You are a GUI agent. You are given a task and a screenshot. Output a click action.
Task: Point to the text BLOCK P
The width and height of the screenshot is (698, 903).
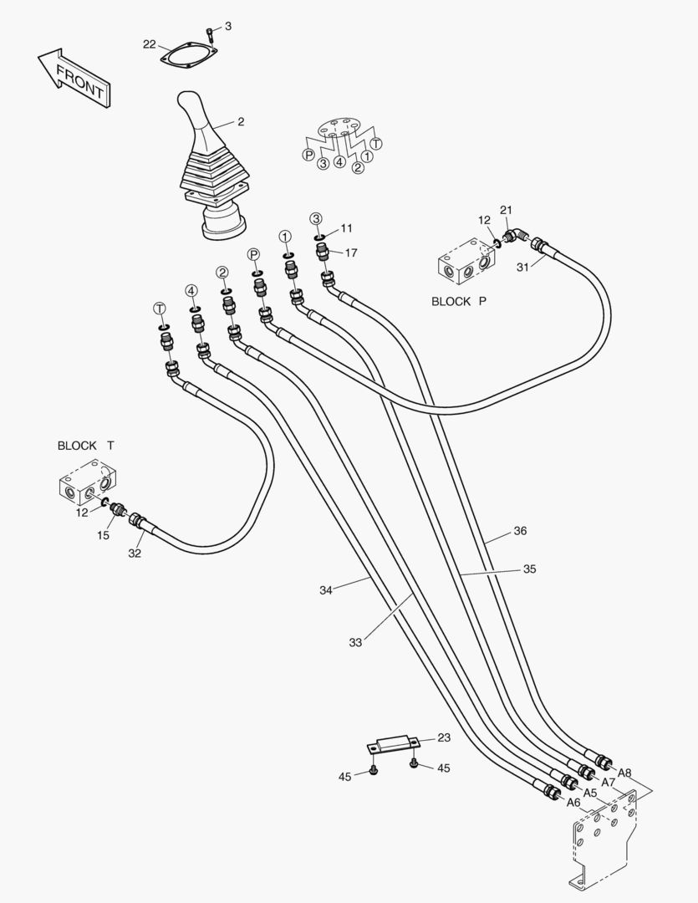click(x=458, y=302)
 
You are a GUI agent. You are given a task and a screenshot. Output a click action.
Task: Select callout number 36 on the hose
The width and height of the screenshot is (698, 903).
click(x=520, y=531)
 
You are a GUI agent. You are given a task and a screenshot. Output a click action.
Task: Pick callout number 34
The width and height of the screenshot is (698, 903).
click(x=326, y=590)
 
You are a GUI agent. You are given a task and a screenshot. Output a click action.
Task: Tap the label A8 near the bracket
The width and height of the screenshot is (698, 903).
click(x=624, y=773)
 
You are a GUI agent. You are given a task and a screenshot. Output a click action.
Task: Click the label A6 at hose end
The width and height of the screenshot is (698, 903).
click(x=573, y=803)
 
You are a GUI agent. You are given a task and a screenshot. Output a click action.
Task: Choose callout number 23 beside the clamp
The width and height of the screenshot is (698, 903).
click(x=444, y=737)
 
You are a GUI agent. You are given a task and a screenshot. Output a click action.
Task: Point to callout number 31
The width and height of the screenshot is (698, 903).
click(x=522, y=267)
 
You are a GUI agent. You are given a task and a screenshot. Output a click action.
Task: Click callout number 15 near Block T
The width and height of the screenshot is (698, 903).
click(x=103, y=535)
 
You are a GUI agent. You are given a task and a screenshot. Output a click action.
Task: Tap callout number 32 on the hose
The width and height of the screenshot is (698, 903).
click(x=135, y=553)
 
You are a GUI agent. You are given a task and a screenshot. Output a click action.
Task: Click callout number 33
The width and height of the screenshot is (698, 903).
click(x=356, y=642)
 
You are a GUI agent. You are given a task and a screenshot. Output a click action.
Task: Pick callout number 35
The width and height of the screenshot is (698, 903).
click(x=529, y=569)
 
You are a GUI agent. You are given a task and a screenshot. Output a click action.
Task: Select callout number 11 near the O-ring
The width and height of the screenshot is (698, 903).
click(x=346, y=227)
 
